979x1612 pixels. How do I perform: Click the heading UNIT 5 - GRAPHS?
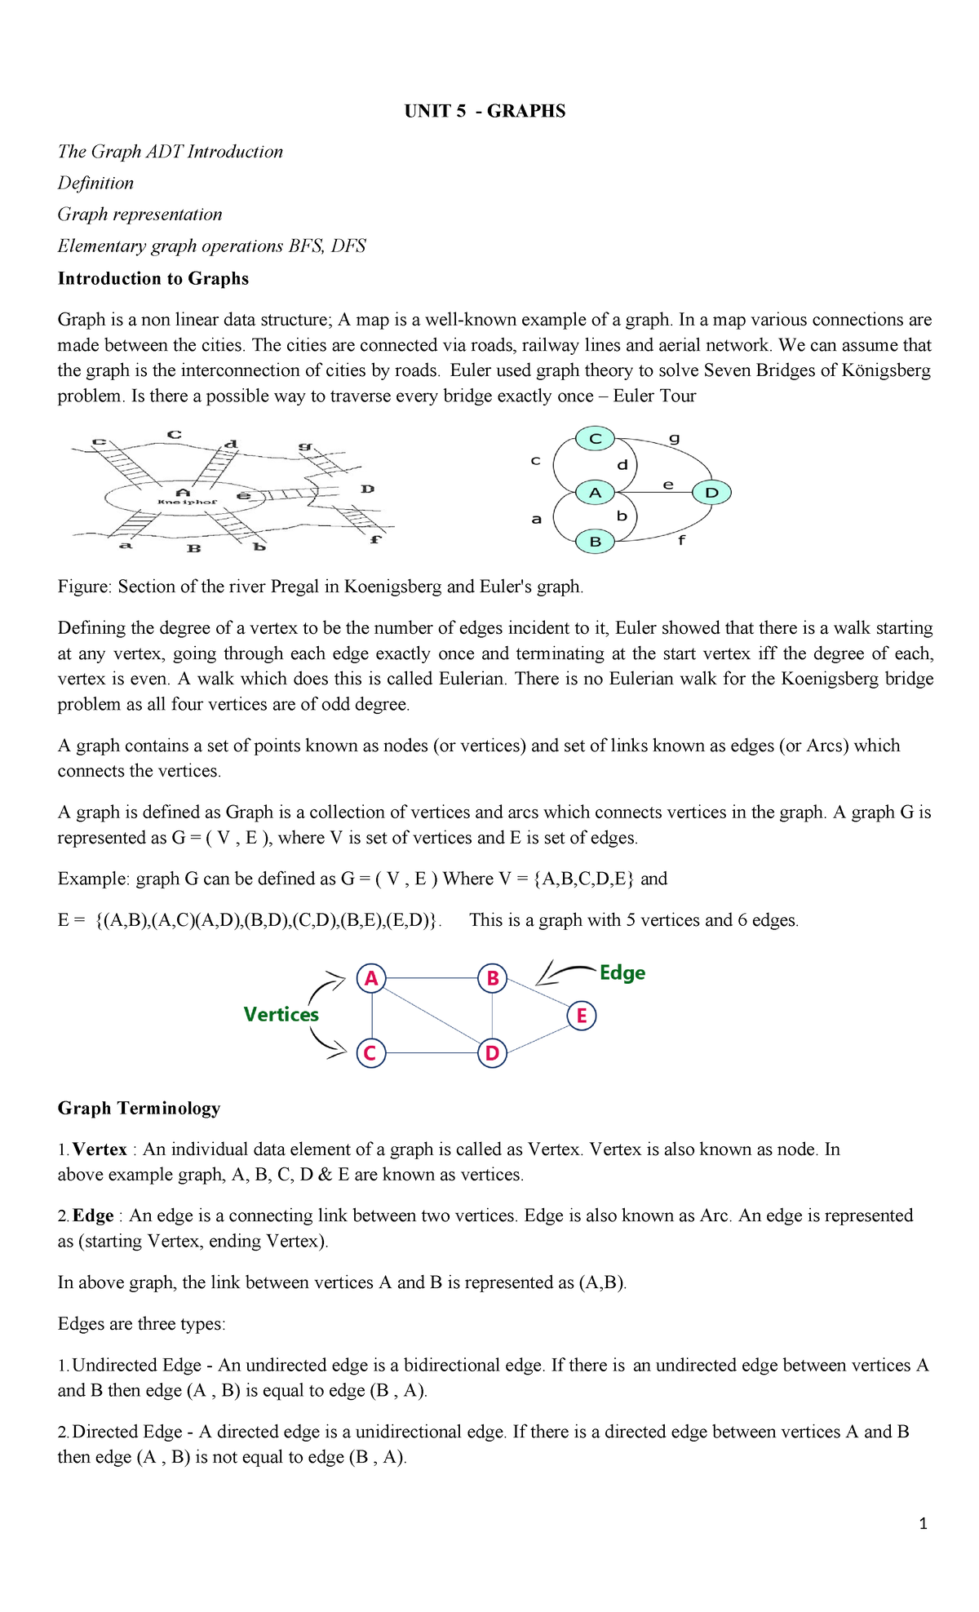485,111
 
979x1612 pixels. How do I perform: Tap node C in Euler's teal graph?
595,439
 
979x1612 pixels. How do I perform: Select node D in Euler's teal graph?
711,493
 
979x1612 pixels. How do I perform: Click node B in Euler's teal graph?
595,542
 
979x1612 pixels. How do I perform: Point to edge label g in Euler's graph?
674,438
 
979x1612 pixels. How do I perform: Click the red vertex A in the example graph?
371,978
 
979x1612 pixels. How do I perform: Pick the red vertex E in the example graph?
582,1016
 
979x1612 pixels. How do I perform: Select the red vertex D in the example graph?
492,1053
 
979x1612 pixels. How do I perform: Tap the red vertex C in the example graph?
370,1053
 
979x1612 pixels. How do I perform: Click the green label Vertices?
281,1014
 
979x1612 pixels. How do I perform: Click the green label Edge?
622,972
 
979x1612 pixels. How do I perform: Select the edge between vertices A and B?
432,978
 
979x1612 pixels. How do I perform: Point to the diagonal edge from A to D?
432,1016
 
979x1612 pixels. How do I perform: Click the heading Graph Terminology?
139,1108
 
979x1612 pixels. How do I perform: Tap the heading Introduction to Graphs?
153,278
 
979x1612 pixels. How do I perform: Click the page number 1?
923,1524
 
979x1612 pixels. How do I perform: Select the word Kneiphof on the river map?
188,502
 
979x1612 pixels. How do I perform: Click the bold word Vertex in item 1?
100,1149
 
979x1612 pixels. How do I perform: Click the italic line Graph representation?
140,215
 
